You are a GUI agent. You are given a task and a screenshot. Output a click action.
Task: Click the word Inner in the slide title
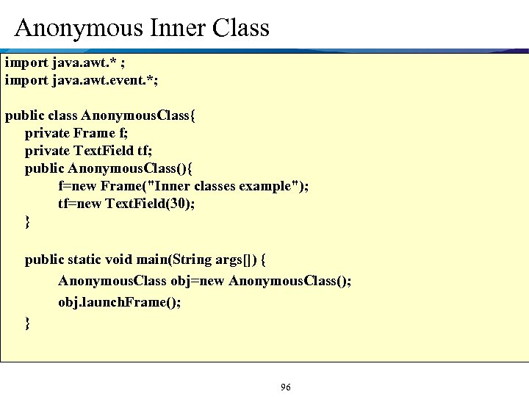(x=171, y=28)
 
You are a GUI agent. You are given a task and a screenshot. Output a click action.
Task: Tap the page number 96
(x=285, y=387)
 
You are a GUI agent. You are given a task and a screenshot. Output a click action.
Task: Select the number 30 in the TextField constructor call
(x=178, y=204)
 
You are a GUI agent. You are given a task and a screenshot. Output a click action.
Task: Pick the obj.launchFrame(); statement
(x=119, y=302)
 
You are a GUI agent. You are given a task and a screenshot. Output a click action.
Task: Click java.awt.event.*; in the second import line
(x=104, y=79)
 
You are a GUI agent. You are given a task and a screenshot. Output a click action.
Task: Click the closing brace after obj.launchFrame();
(x=28, y=323)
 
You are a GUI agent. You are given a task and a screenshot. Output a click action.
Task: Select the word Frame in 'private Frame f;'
(x=94, y=133)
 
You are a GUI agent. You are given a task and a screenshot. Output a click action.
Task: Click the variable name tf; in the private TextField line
(x=145, y=151)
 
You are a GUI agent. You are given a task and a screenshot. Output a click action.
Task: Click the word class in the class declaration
(x=62, y=115)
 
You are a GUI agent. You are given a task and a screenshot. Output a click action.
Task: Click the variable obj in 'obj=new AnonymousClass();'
(x=180, y=281)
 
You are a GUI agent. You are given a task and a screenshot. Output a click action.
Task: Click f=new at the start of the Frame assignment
(x=77, y=186)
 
